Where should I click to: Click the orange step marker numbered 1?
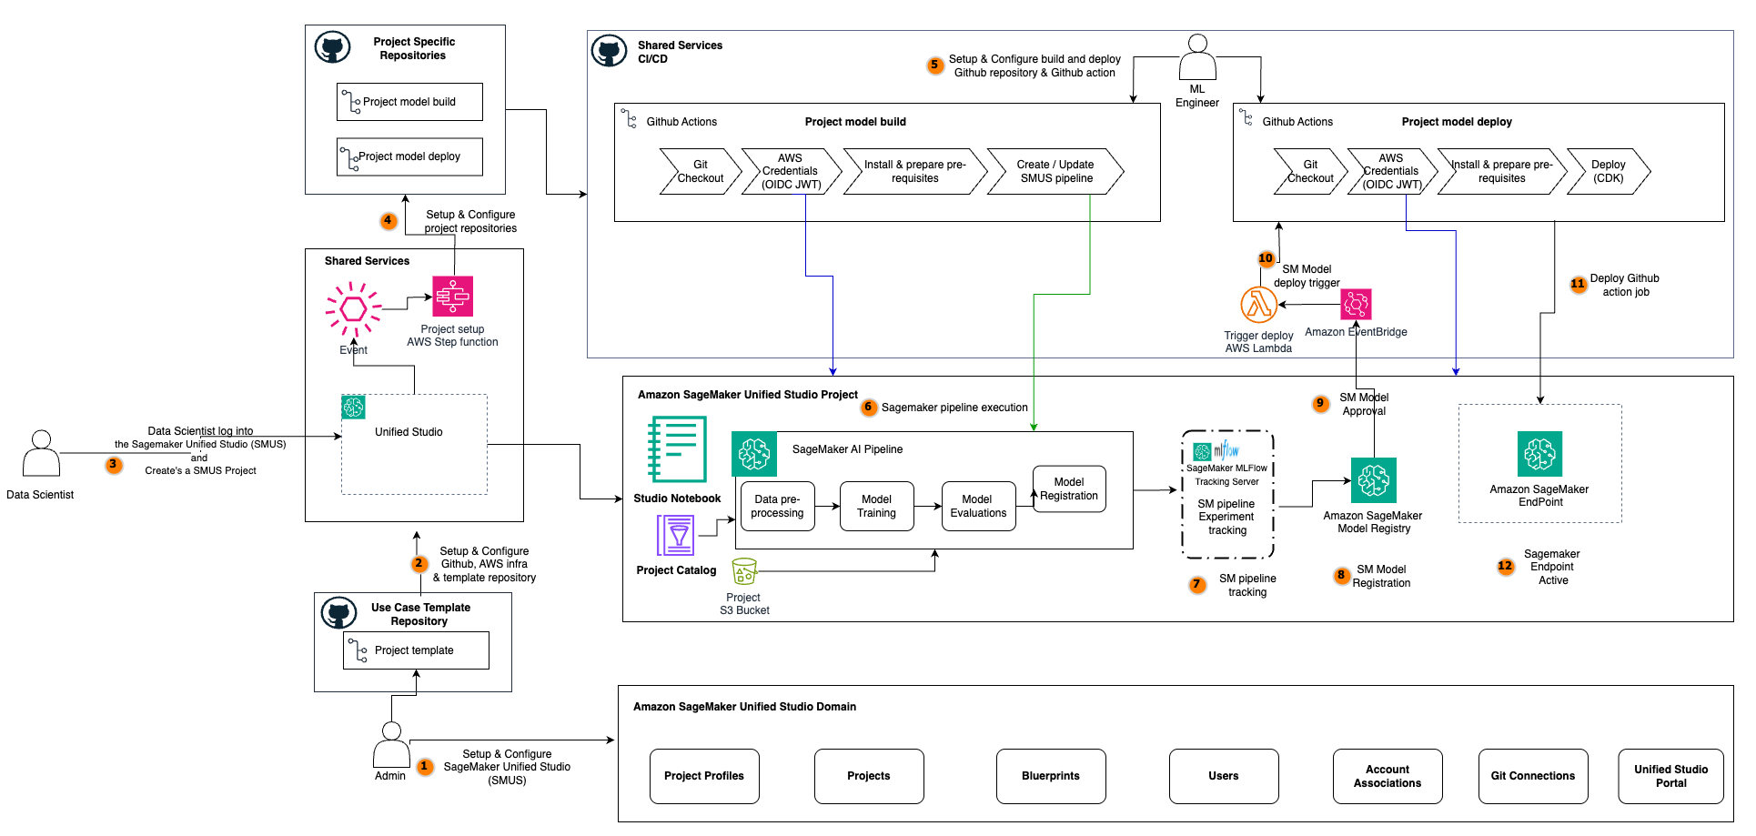pos(424,766)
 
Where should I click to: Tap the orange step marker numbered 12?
pos(1505,566)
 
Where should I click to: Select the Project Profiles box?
pos(704,776)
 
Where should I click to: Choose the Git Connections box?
pos(1532,776)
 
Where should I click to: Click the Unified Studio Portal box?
pos(1670,776)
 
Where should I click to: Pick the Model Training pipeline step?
pos(876,507)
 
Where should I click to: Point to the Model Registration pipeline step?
pos(1068,489)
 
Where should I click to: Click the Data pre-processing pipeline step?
pos(777,507)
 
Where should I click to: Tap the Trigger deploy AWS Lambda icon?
pos(1258,305)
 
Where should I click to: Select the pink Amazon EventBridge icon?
pos(1356,304)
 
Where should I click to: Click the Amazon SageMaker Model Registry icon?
pos(1373,480)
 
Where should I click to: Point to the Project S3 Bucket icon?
pos(744,571)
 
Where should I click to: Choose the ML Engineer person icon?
pos(1197,58)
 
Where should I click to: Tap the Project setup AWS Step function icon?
pos(452,297)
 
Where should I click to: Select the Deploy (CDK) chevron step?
pos(1608,172)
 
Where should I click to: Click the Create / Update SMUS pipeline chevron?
pos(1055,172)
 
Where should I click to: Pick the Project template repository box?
pos(416,650)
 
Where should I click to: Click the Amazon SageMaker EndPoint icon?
pos(1539,454)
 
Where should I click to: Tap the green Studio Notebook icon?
pos(677,448)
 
